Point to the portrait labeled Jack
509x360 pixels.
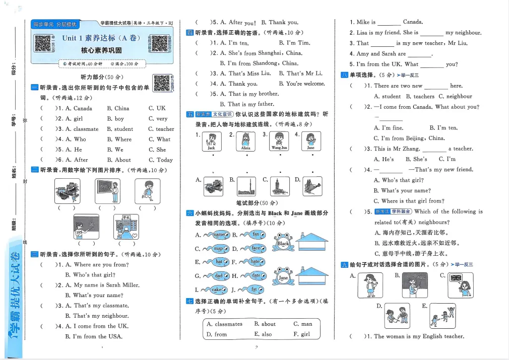211,141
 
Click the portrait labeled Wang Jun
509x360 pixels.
279,141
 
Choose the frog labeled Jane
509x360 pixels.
283,276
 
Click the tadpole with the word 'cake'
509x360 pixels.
214,290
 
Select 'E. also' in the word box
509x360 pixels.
263,334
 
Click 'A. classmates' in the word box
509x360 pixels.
224,324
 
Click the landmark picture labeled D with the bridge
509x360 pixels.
312,186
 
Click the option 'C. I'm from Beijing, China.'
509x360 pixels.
409,138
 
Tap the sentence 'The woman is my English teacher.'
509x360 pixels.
419,336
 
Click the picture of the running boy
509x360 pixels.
148,192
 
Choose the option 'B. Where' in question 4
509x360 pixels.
119,139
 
